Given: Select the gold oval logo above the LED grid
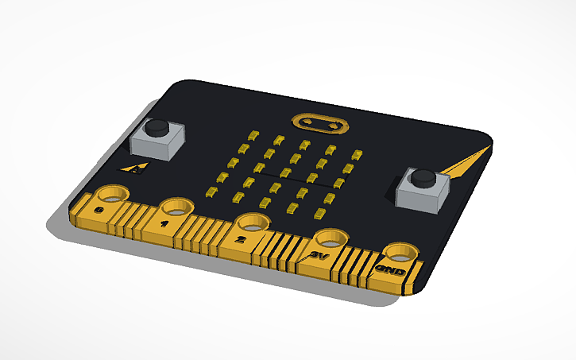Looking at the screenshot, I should click(320, 124).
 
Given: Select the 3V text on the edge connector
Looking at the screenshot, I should click(319, 255).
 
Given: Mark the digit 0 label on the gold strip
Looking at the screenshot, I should click(99, 209).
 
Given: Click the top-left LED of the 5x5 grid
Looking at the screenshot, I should click(254, 134).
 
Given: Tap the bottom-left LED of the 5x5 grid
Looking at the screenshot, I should click(211, 191).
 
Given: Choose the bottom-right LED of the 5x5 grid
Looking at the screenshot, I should click(321, 212).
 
